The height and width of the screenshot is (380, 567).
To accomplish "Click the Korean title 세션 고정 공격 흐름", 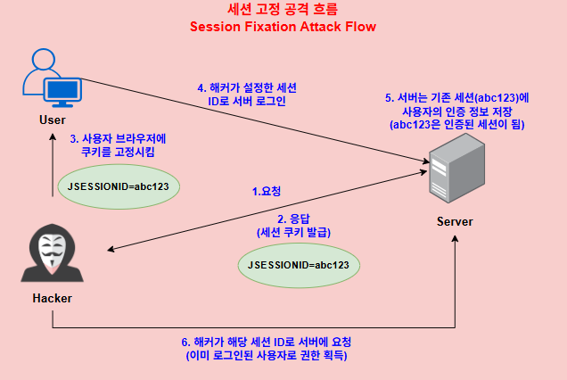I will tap(283, 10).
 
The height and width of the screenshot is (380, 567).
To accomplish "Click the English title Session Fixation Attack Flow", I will tap(283, 27).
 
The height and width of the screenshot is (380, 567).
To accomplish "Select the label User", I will tap(53, 120).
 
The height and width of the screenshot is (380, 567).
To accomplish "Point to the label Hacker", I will tap(53, 298).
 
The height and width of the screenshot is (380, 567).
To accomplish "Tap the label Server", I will tap(455, 221).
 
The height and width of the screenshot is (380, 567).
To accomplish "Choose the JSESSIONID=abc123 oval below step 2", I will tap(303, 265).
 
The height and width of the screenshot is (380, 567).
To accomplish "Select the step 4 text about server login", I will tap(247, 95).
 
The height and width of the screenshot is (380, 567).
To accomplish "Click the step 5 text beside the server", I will tap(456, 111).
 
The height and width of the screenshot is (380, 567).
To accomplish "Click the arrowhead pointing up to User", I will tap(53, 134).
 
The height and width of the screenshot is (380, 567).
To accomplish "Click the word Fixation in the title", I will tap(269, 27).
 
